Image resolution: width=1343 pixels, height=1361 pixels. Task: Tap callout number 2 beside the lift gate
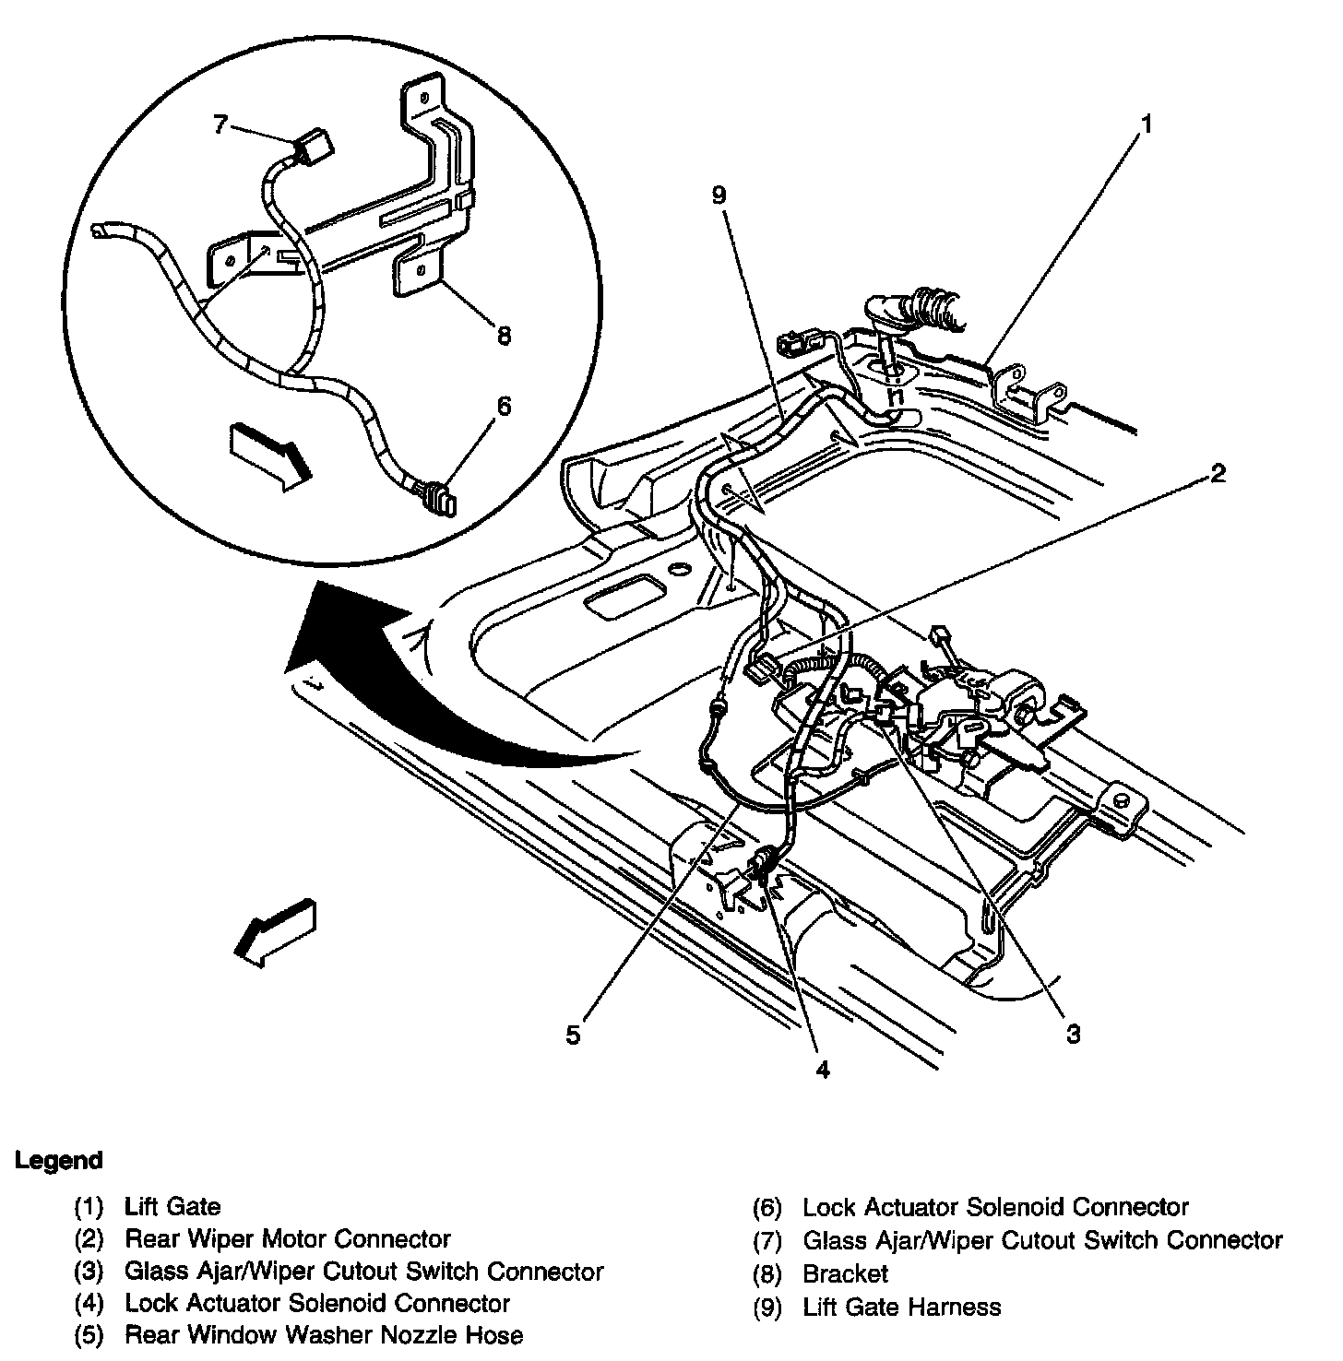[1218, 473]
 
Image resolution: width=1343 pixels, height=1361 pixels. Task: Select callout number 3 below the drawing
[1073, 1034]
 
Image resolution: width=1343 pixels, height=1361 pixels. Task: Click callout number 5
[574, 1035]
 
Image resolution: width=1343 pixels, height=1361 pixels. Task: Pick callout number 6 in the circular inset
[503, 406]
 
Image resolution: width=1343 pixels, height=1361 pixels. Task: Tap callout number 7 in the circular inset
[220, 124]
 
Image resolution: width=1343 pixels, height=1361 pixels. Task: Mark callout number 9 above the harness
[719, 195]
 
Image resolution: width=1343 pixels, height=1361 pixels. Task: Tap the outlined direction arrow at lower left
[276, 930]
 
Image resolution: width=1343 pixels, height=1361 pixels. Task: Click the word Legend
[58, 1160]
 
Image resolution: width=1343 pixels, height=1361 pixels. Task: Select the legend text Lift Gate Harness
[901, 1307]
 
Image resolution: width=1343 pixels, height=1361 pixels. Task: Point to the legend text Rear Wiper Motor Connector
[288, 1238]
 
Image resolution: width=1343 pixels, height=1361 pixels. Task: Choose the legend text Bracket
[845, 1273]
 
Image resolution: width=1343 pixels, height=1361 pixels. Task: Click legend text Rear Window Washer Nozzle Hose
[324, 1334]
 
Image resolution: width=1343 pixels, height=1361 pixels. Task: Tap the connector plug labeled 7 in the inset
[313, 147]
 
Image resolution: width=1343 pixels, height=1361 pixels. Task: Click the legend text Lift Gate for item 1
[172, 1205]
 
